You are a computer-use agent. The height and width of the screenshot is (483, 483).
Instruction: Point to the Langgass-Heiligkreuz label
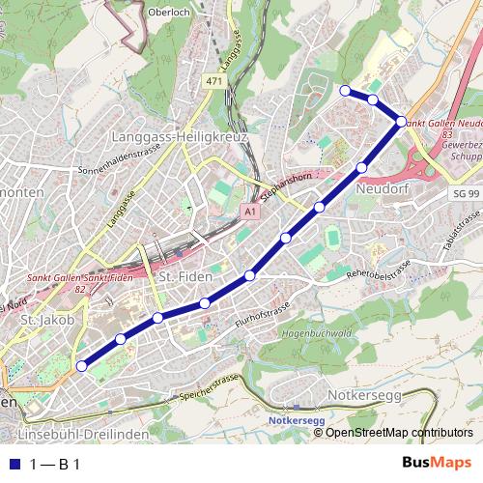coord(180,137)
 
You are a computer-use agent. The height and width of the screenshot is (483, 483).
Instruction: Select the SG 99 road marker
coord(466,194)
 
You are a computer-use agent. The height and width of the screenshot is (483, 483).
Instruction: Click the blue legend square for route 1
coord(14,465)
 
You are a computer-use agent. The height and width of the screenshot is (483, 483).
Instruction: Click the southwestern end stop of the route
coord(82,366)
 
